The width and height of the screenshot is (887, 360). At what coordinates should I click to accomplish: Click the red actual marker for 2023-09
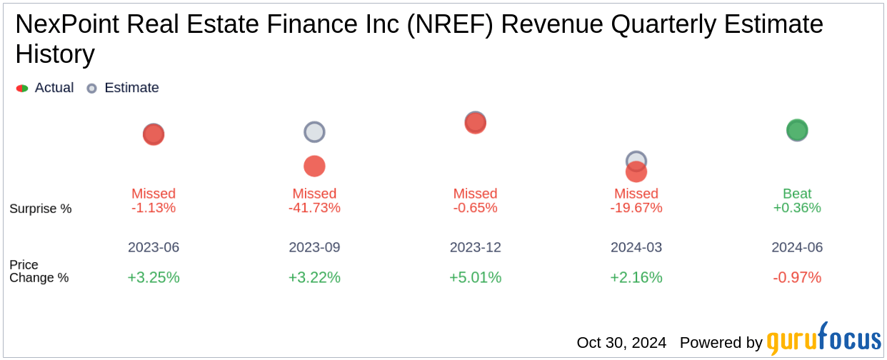click(314, 166)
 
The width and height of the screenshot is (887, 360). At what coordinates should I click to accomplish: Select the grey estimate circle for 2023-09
click(314, 132)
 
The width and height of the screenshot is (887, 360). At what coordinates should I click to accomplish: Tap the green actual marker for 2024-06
click(797, 131)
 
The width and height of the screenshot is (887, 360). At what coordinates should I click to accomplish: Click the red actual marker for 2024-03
click(636, 172)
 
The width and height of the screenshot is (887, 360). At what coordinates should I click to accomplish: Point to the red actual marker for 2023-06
click(154, 134)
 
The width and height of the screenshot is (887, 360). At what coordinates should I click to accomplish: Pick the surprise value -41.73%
click(314, 208)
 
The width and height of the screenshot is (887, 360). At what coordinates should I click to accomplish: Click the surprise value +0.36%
click(797, 208)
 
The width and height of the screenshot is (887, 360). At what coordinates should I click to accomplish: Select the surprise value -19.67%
click(636, 208)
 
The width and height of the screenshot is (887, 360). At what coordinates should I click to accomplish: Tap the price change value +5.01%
click(475, 277)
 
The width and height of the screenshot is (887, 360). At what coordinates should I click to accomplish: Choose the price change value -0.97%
click(797, 277)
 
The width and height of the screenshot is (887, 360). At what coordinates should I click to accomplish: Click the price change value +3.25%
click(154, 277)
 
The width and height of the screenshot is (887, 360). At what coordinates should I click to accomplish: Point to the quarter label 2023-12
click(475, 248)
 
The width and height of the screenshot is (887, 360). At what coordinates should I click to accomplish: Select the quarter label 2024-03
click(636, 248)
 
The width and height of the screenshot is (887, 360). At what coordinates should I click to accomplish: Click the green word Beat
click(797, 194)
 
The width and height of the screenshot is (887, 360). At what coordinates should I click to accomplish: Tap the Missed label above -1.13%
click(154, 194)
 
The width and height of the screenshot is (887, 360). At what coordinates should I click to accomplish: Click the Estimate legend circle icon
click(91, 89)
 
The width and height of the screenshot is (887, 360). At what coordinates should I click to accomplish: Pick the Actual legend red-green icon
click(22, 89)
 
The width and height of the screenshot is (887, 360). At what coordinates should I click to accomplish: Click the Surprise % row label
click(41, 209)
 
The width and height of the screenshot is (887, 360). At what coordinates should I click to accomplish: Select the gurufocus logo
click(823, 340)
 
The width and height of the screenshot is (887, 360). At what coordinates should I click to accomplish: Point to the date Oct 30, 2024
click(621, 343)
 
